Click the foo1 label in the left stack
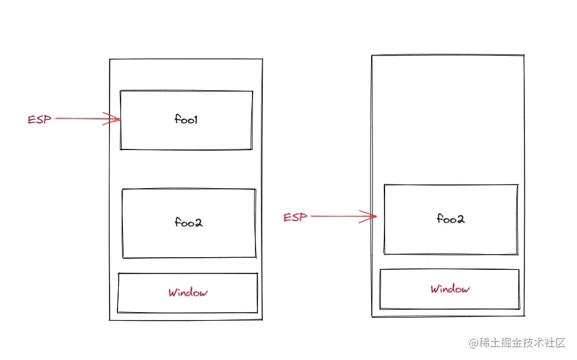tap(186, 120)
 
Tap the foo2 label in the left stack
tap(188, 223)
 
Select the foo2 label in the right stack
tap(450, 218)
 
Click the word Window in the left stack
tap(188, 293)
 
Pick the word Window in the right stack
tap(450, 289)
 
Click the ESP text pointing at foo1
tap(39, 119)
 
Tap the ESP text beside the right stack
tap(295, 217)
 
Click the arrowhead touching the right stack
tap(372, 216)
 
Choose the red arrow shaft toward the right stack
tap(339, 216)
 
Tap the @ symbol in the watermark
tap(473, 343)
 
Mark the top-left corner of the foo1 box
tap(120, 91)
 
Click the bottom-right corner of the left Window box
tap(257, 312)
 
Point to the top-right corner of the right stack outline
tap(523, 56)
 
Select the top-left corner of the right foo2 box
tap(384, 186)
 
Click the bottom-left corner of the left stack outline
tap(110, 319)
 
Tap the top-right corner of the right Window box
tap(519, 270)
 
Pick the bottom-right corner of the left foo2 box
tap(256, 257)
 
